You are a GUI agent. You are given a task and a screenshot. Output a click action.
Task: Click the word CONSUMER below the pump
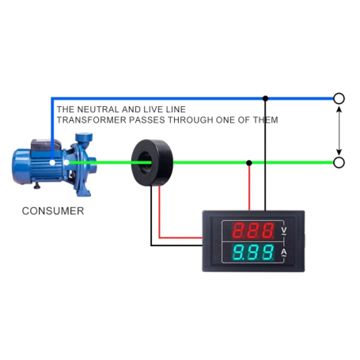(53, 211)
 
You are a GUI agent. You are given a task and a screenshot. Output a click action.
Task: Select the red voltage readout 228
(253, 230)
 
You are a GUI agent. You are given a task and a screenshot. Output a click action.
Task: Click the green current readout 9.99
(253, 252)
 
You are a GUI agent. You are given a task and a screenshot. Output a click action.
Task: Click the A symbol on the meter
(283, 252)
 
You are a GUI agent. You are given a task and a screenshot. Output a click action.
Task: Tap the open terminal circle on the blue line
(339, 99)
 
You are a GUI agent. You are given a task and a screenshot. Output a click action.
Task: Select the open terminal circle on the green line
(339, 162)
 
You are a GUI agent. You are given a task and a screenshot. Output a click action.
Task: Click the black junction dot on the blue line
(266, 99)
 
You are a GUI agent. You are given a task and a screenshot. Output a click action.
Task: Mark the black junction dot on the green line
(249, 163)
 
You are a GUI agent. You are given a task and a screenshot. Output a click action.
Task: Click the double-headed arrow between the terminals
(339, 131)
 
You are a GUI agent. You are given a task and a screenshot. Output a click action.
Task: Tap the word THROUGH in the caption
(191, 120)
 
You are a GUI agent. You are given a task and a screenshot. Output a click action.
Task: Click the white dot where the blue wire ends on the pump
(52, 162)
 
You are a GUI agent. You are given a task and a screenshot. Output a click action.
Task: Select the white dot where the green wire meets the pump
(66, 163)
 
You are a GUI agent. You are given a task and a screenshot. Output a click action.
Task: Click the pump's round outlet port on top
(84, 138)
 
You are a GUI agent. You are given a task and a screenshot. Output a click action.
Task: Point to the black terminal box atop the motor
(46, 146)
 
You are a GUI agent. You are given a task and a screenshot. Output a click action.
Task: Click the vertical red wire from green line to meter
(249, 187)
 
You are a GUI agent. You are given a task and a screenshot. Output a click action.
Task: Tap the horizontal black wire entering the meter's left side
(176, 245)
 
